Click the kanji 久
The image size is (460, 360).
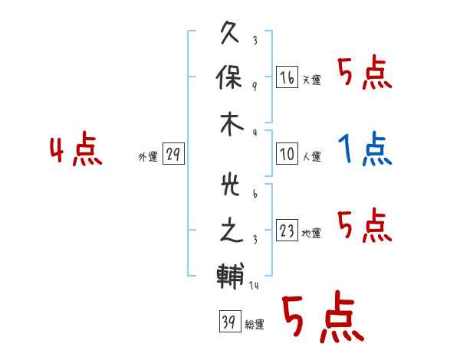click(230, 32)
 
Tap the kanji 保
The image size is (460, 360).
click(229, 77)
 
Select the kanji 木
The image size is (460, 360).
click(232, 124)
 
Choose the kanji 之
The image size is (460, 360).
click(232, 230)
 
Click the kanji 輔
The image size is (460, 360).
click(230, 277)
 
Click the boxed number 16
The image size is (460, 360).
click(287, 77)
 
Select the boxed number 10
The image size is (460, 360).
click(287, 153)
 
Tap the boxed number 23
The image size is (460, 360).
click(287, 230)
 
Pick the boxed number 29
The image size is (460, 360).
click(173, 153)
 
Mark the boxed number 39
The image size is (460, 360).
click(230, 321)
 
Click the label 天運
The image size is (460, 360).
click(311, 80)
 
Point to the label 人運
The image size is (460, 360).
click(311, 156)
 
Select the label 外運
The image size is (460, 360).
click(148, 156)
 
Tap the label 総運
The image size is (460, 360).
click(255, 324)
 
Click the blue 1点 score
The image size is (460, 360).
click(365, 149)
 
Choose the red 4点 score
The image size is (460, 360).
click(76, 149)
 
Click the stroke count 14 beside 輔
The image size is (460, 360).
click(254, 285)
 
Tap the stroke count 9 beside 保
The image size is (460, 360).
click(255, 87)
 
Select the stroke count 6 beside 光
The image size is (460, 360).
click(255, 194)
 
